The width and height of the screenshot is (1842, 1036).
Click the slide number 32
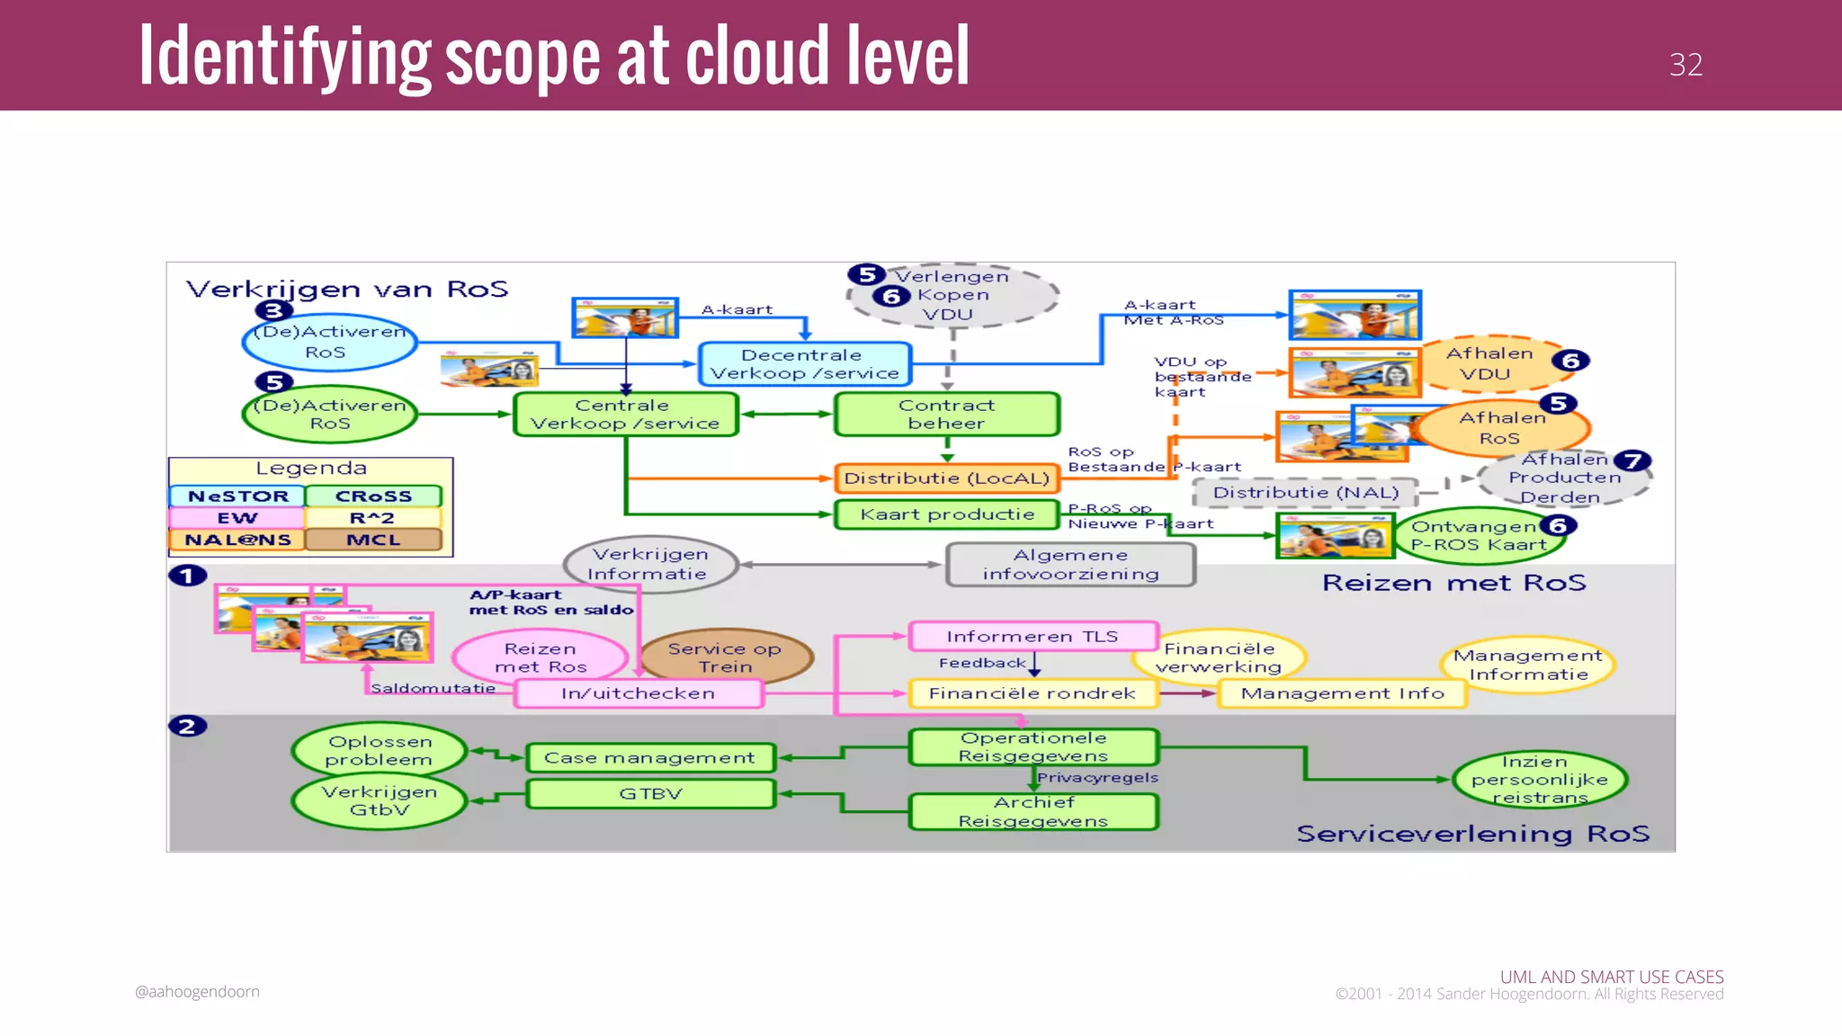pyautogui.click(x=1686, y=65)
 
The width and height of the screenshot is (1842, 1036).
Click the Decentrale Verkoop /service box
pyautogui.click(x=805, y=364)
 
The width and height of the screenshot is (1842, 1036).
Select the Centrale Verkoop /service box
pyautogui.click(x=625, y=415)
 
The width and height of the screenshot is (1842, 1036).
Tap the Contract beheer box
pyautogui.click(x=946, y=415)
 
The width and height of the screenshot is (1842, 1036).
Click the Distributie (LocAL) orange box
pyautogui.click(x=946, y=478)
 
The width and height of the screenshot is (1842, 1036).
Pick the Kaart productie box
pyautogui.click(x=946, y=514)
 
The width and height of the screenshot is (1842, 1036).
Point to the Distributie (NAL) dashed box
pyautogui.click(x=1305, y=493)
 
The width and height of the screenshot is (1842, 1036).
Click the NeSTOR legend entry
pyautogui.click(x=237, y=496)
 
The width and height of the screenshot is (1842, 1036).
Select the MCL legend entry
pyautogui.click(x=373, y=540)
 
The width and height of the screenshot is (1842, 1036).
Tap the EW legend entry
pyautogui.click(x=237, y=518)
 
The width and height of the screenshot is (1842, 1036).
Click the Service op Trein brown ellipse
pyautogui.click(x=725, y=657)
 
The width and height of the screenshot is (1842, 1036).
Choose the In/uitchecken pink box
pyautogui.click(x=639, y=693)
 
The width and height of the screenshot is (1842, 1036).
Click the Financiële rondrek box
pyautogui.click(x=1032, y=693)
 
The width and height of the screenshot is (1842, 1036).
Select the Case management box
pyautogui.click(x=649, y=758)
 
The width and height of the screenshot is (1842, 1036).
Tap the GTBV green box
pyautogui.click(x=649, y=794)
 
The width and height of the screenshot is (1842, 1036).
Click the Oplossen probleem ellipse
pyautogui.click(x=379, y=750)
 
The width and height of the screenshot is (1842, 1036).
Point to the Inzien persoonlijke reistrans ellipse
pyautogui.click(x=1540, y=779)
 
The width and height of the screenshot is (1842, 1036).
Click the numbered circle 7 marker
pyautogui.click(x=1632, y=461)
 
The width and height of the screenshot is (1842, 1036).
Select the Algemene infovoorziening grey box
pyautogui.click(x=1070, y=565)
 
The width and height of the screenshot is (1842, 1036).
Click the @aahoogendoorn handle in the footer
pyautogui.click(x=197, y=991)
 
